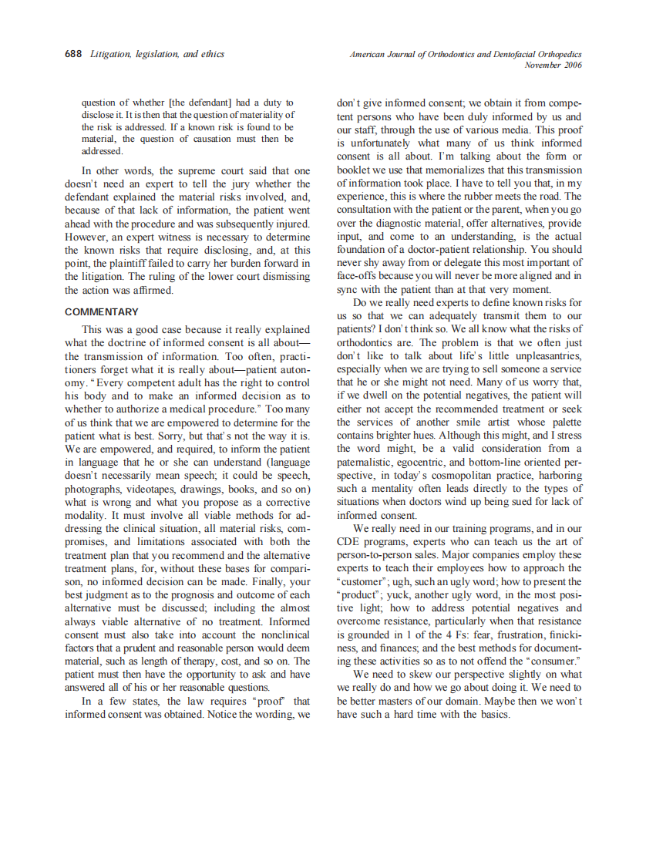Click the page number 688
coord(74,55)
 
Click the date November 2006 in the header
coord(553,66)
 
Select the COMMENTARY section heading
coord(102,312)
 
